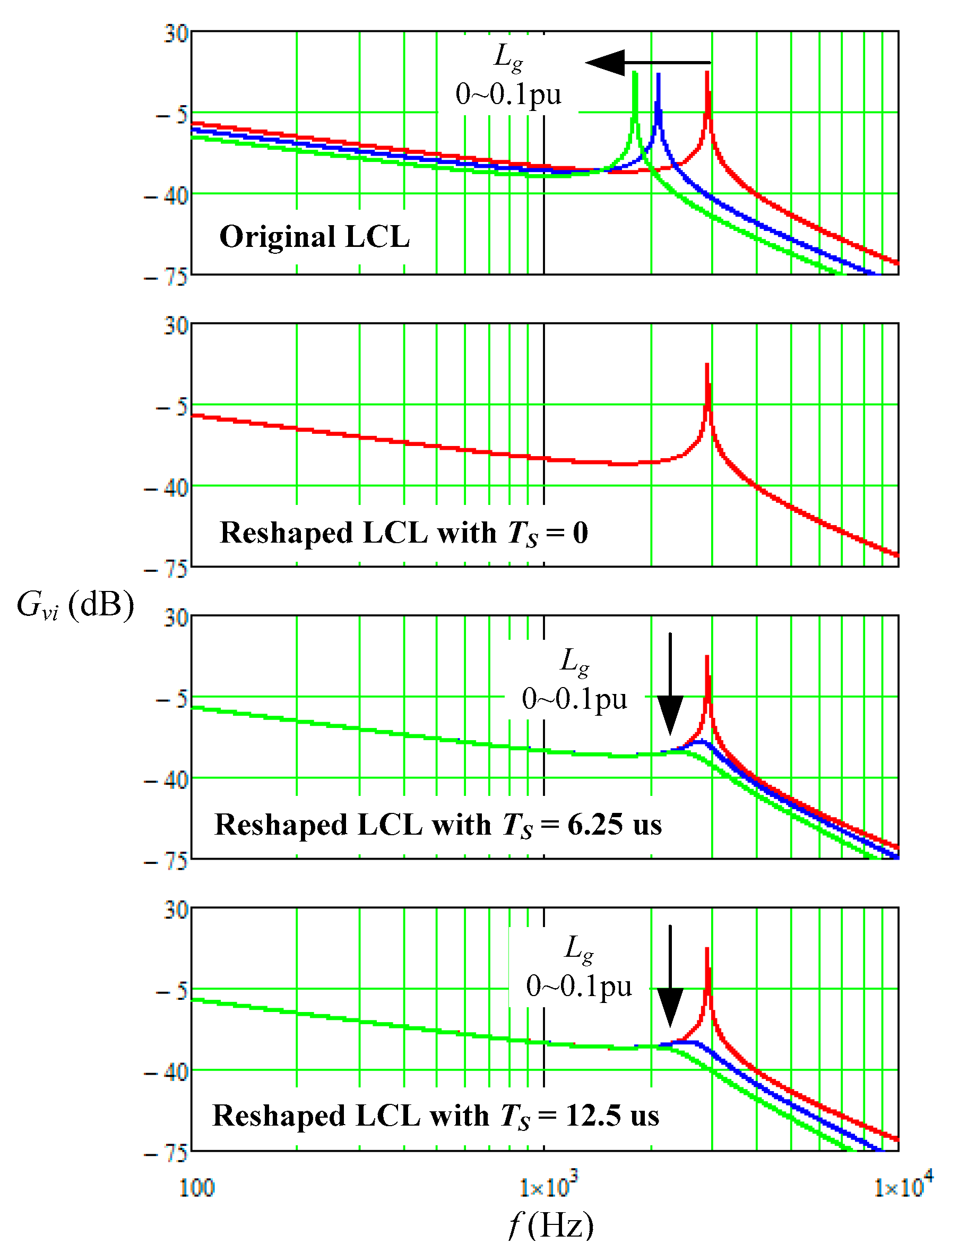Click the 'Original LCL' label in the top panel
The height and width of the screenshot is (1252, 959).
click(x=315, y=236)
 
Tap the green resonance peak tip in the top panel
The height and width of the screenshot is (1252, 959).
click(x=635, y=73)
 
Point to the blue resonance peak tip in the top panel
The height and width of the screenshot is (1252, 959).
click(x=658, y=75)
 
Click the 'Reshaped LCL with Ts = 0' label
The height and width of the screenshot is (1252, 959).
click(x=403, y=533)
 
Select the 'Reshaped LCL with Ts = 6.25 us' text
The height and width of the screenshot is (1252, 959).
click(x=438, y=825)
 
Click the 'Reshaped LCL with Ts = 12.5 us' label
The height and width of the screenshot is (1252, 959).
click(x=436, y=1116)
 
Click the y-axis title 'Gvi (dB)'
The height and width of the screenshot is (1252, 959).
click(x=75, y=604)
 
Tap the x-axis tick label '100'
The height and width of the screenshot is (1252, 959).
click(x=197, y=1188)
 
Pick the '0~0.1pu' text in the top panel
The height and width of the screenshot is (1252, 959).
click(x=508, y=94)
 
